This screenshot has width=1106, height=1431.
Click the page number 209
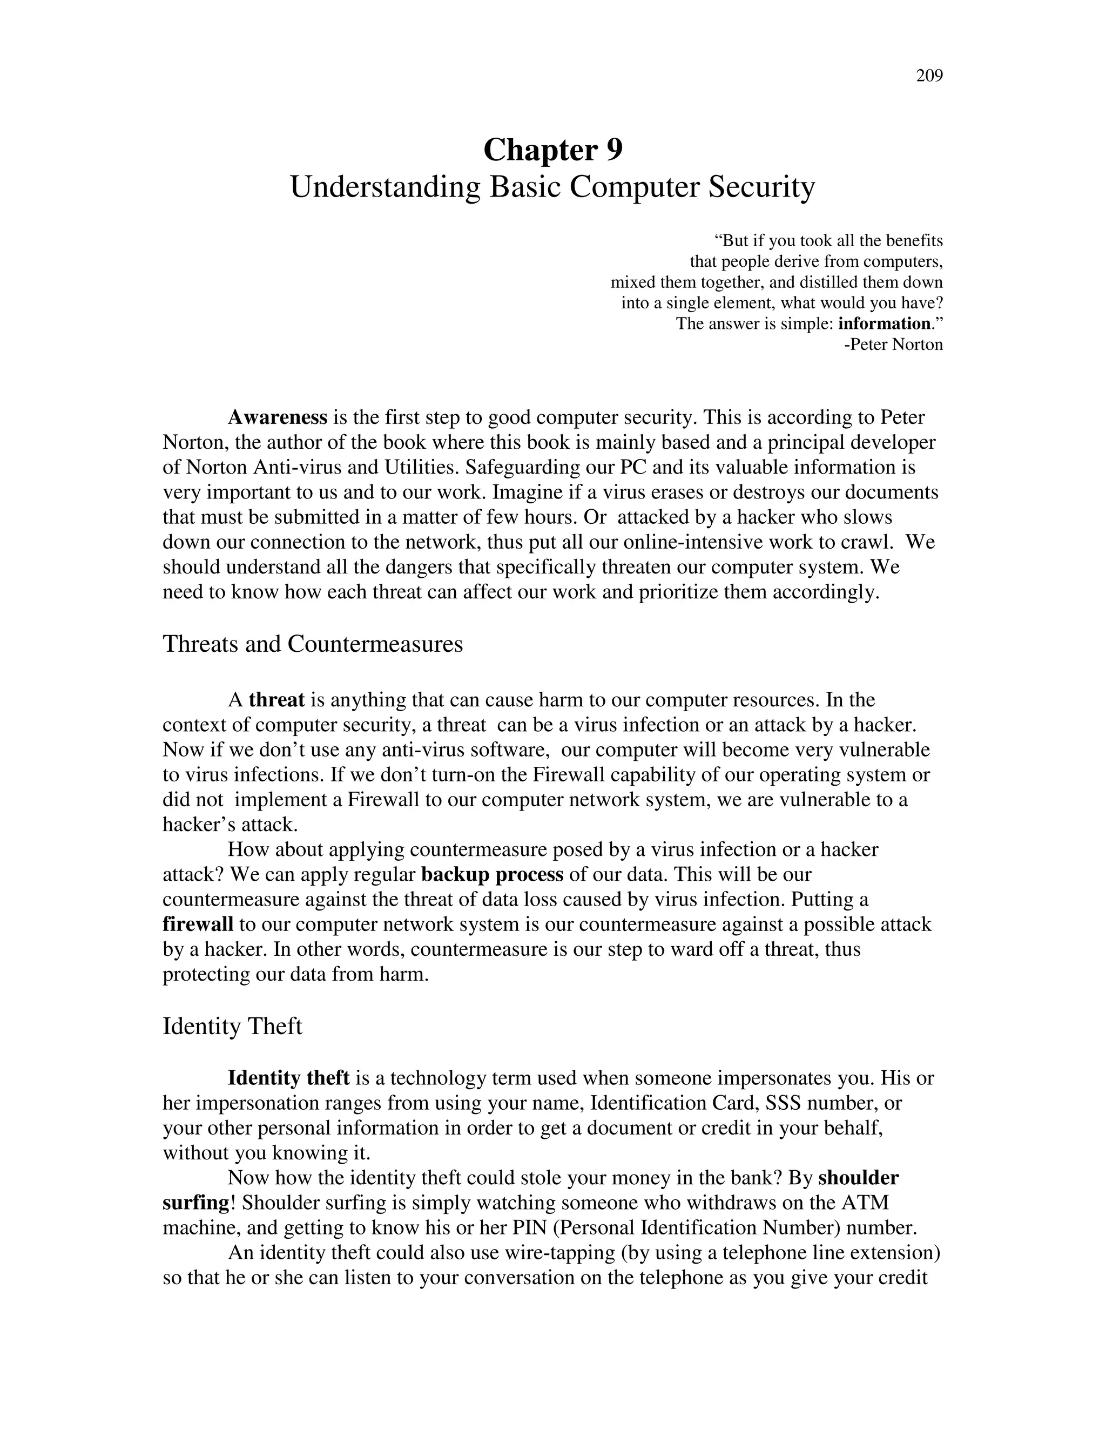(x=928, y=77)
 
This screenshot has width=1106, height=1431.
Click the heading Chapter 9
(x=552, y=150)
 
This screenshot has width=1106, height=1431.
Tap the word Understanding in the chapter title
(x=386, y=187)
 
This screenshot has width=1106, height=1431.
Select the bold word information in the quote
(x=884, y=323)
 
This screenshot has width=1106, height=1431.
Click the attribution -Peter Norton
(x=893, y=345)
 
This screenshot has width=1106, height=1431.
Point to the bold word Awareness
(x=277, y=417)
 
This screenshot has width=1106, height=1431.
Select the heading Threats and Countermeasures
(x=313, y=644)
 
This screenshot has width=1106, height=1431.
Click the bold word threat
(x=276, y=700)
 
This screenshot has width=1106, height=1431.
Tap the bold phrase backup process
(x=492, y=875)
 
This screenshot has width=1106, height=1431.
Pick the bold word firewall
(x=198, y=924)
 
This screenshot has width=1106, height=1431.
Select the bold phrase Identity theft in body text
(x=288, y=1078)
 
